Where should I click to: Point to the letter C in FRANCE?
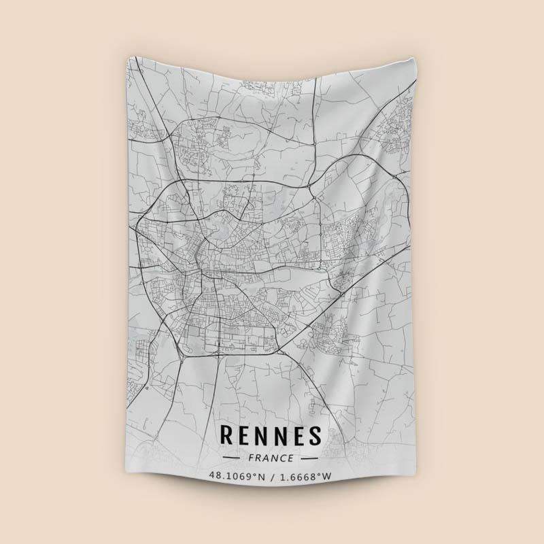point(281,458)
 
